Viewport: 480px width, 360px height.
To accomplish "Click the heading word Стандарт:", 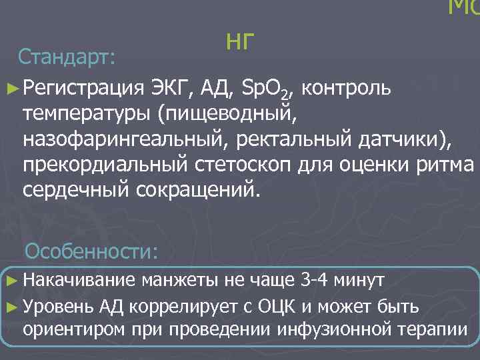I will coord(68,57).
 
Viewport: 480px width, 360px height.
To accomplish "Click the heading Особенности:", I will coord(91,251).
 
